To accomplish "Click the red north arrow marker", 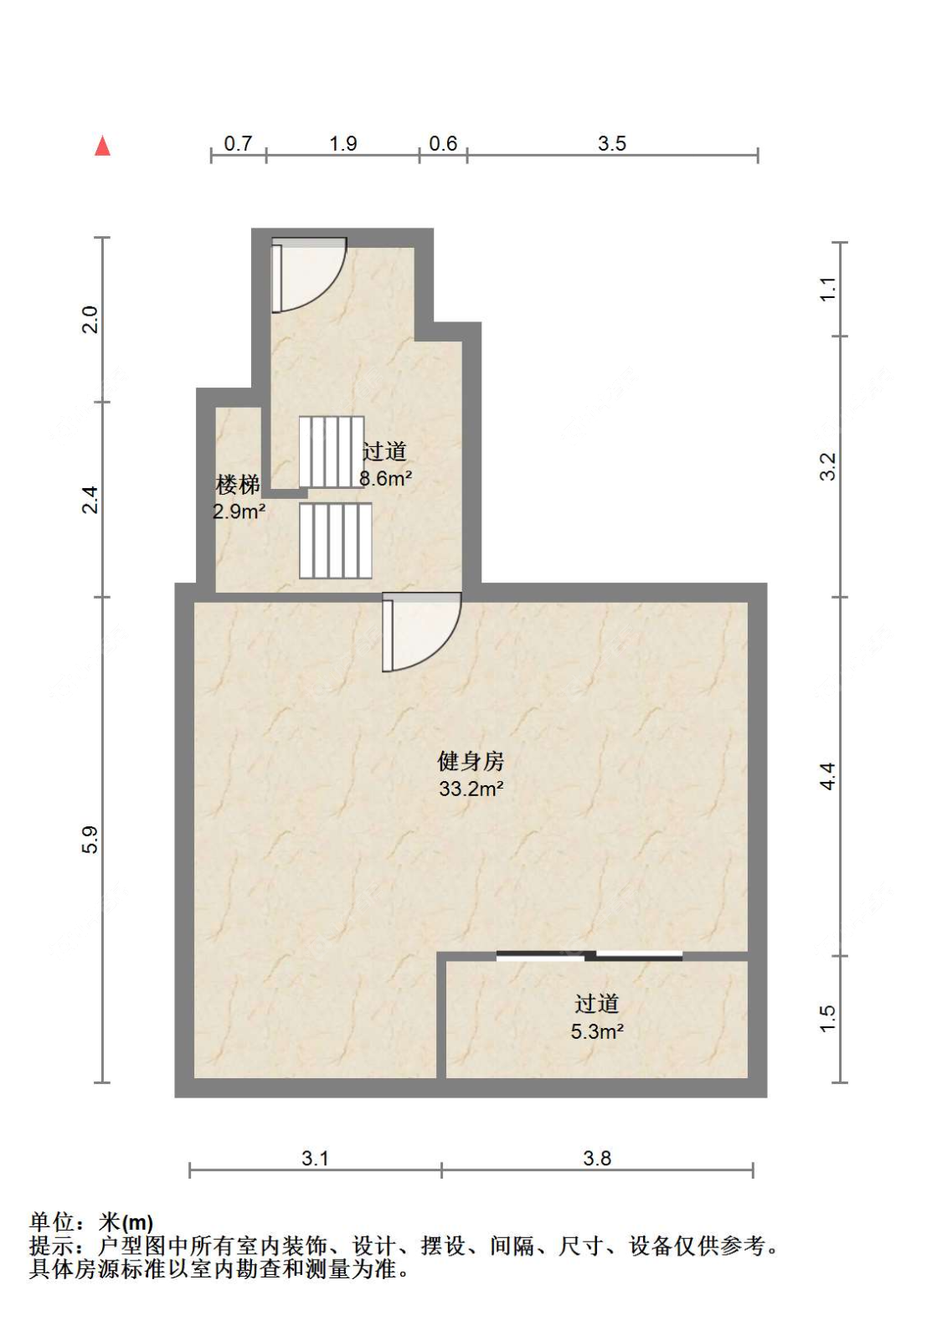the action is tap(102, 146).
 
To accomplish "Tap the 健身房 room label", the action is tap(471, 761).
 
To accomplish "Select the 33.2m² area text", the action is tap(471, 789).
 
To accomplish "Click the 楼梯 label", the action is tap(238, 485).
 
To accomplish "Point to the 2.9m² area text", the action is tap(239, 511).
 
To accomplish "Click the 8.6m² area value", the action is tap(386, 478).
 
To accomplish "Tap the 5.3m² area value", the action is tap(597, 1032).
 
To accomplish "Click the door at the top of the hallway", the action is tap(308, 275).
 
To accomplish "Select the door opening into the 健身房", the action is tap(421, 632).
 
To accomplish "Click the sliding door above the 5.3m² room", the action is tap(589, 955).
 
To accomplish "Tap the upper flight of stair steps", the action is tap(331, 452).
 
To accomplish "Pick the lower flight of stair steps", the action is tap(335, 541).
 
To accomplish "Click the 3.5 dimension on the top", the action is tap(611, 143).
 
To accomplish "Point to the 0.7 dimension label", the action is tap(238, 143).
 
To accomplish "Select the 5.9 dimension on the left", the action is tap(90, 840).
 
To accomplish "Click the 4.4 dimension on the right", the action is tap(828, 776).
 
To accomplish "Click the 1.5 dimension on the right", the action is tap(828, 1018).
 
